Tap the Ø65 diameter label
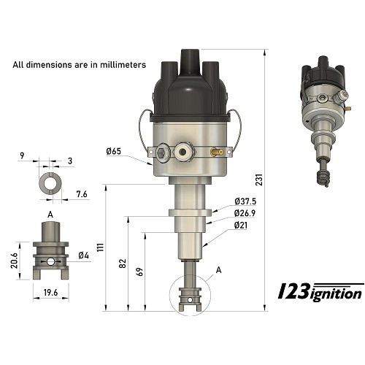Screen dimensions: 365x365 click(112, 151)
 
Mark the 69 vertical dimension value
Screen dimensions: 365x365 click(139, 272)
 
